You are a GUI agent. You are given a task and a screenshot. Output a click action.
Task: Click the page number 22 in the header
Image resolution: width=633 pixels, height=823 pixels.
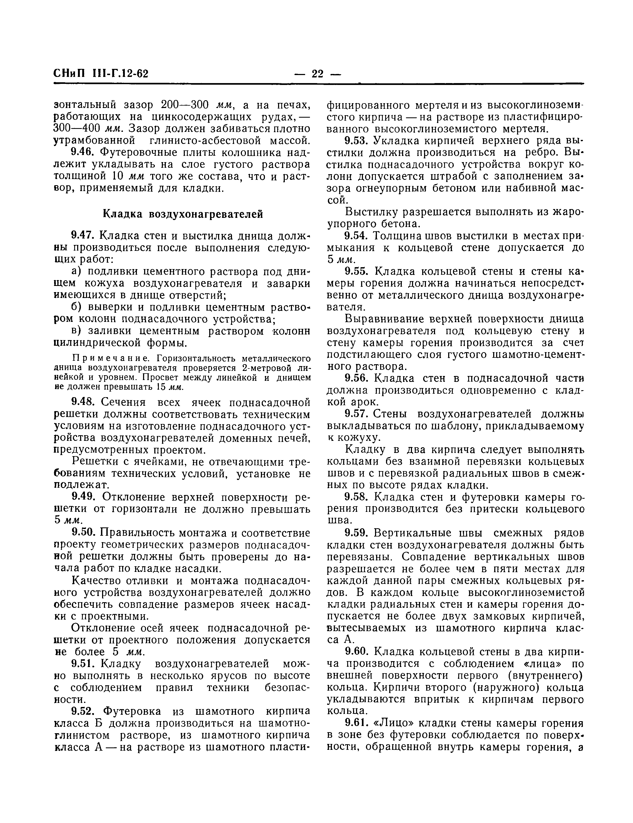point(318,73)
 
